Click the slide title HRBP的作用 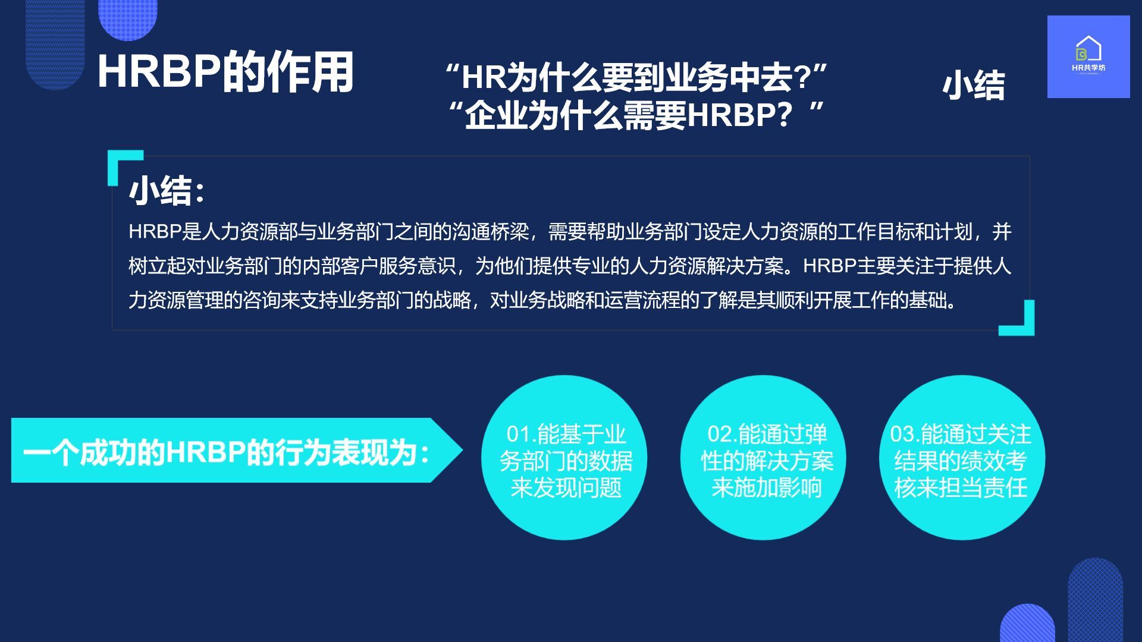[225, 73]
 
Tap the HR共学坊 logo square [1088, 56]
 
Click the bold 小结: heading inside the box [167, 191]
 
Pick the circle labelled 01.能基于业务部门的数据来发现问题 [564, 458]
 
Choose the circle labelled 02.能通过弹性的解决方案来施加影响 [763, 458]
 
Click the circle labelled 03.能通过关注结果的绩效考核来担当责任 [962, 458]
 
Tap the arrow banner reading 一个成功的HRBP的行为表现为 [237, 450]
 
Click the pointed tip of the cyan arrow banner [462, 450]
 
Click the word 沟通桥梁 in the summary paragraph [491, 232]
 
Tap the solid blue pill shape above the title [128, 18]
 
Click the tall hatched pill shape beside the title [55, 42]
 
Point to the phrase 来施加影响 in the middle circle [766, 487]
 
